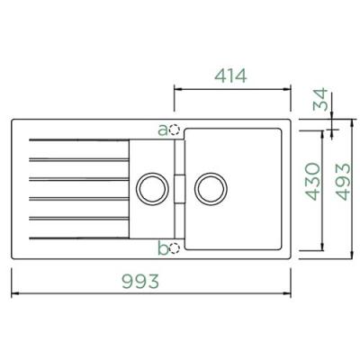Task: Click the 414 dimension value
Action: coord(230,76)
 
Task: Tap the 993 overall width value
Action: coord(140,281)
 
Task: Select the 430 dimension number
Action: coord(312,182)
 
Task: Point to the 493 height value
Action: coord(343,182)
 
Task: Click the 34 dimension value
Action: coord(320,99)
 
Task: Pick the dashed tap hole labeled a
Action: coord(174,130)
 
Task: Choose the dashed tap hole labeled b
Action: coord(175,248)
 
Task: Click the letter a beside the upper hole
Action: coord(163,130)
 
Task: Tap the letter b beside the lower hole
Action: coord(163,247)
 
